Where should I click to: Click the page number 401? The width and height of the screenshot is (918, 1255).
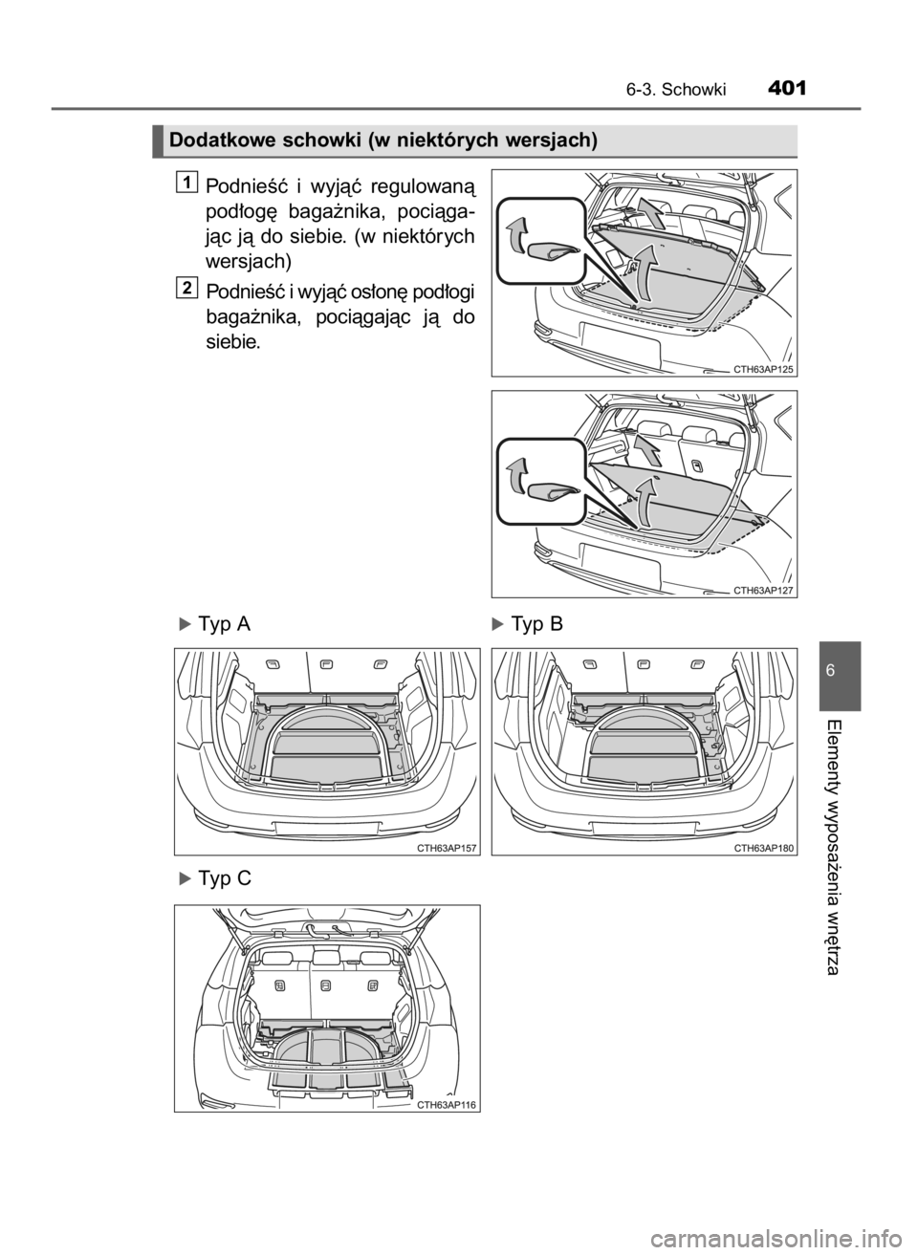[787, 89]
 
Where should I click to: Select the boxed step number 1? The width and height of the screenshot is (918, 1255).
[189, 183]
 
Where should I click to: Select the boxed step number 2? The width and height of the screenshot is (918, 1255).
[189, 287]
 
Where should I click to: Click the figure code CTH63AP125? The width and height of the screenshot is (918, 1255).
[764, 368]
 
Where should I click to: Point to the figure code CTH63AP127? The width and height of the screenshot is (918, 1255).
[764, 590]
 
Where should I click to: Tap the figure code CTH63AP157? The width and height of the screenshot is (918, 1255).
[447, 848]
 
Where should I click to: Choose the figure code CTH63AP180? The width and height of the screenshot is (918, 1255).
[764, 848]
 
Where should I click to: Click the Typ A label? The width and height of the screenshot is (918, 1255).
[216, 624]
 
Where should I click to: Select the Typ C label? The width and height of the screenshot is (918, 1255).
[216, 878]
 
